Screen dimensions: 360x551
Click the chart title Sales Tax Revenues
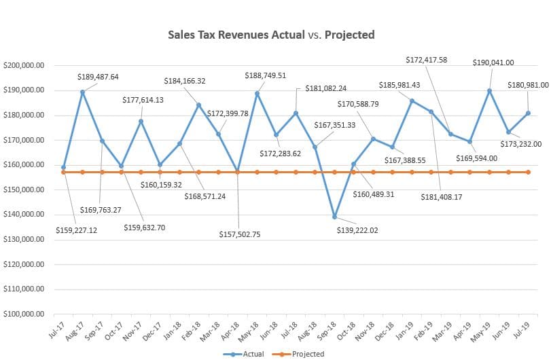(271, 35)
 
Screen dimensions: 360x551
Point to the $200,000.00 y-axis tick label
(24, 66)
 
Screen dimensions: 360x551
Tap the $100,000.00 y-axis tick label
(24, 314)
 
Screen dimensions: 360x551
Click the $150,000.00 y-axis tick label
(24, 190)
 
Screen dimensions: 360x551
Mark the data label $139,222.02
(366, 230)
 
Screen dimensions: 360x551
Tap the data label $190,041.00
(493, 62)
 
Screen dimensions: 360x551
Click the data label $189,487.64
(97, 77)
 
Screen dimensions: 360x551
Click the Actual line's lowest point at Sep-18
(334, 217)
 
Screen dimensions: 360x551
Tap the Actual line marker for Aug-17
(82, 92)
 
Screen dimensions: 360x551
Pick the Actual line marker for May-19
(489, 90)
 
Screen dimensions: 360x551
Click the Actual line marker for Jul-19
(528, 113)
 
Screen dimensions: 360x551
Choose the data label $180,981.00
(528, 85)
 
